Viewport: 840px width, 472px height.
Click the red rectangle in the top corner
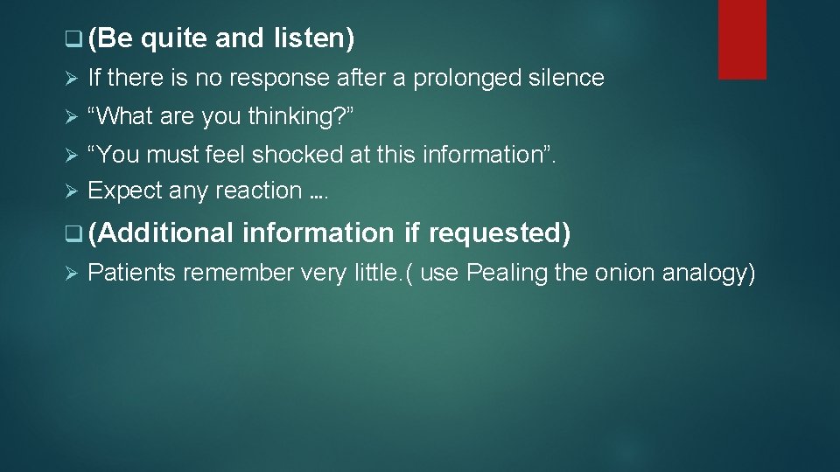click(x=742, y=39)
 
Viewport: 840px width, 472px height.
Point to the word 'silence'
click(x=566, y=78)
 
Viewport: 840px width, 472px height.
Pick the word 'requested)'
click(x=500, y=233)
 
